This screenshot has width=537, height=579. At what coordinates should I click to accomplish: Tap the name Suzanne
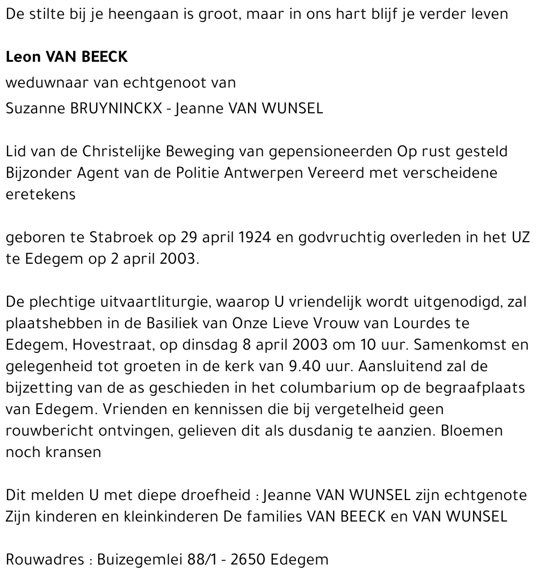click(36, 108)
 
